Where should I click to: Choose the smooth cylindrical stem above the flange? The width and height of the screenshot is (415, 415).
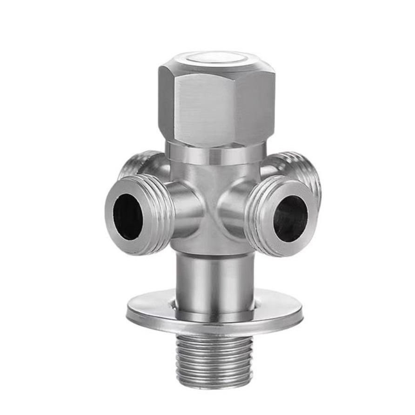click(215, 279)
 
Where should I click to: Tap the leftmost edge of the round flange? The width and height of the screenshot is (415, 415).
click(128, 312)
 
